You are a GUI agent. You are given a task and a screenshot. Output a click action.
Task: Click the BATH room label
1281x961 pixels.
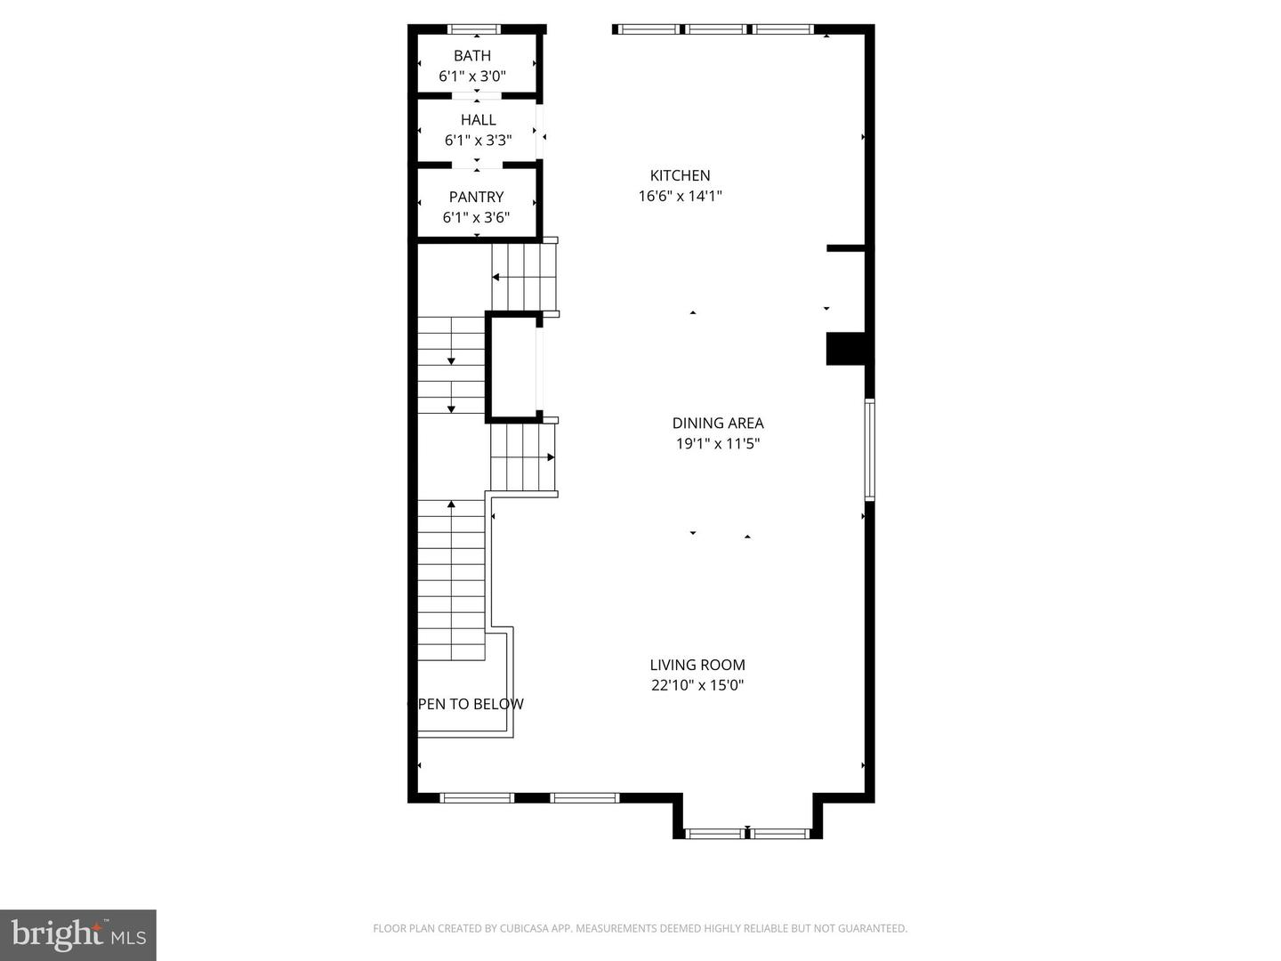471,55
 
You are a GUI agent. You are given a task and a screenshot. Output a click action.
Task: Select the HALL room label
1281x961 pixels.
478,119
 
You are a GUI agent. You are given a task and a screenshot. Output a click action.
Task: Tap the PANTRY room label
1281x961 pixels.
476,197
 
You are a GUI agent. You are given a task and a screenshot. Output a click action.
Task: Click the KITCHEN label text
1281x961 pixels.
680,175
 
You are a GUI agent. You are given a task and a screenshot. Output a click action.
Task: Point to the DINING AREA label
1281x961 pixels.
717,423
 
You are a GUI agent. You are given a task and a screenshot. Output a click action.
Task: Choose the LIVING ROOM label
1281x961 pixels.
697,664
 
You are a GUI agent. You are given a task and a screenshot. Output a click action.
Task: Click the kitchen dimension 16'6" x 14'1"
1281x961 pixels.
680,196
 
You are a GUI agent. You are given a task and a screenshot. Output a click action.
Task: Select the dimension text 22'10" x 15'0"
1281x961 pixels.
697,685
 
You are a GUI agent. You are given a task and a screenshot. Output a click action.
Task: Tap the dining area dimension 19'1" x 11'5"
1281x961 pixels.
717,443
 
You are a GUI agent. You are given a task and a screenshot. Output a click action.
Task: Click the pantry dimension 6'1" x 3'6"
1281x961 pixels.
476,217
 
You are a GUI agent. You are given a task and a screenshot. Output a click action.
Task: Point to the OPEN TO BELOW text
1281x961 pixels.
469,704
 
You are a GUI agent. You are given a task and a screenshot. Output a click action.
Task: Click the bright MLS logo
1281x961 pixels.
78,934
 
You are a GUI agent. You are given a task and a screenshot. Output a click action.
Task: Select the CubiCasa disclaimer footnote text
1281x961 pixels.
640,928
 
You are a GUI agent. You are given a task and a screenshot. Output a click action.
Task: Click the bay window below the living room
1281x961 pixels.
746,834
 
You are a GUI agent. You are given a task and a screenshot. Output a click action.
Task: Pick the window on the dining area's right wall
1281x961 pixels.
870,449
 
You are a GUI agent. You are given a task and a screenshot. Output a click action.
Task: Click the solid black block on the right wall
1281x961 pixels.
846,348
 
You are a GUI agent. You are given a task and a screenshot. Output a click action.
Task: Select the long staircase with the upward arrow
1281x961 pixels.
451,578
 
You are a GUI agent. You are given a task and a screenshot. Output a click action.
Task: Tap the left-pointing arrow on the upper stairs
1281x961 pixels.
495,278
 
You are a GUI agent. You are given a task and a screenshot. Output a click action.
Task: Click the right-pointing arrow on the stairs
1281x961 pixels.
551,457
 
